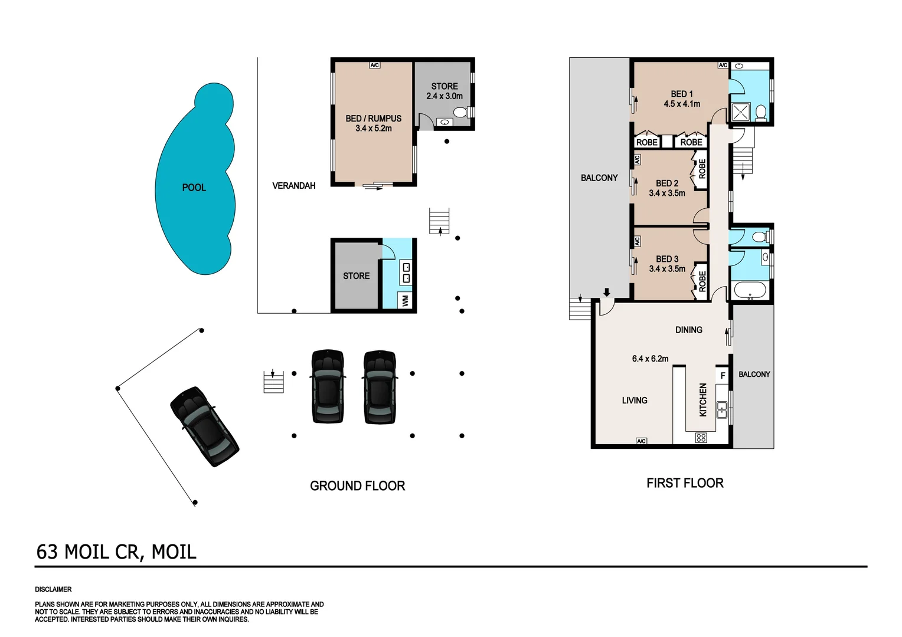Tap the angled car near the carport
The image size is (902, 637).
[x=204, y=426]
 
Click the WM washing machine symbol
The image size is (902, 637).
[x=405, y=300]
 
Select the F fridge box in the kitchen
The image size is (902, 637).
[x=723, y=375]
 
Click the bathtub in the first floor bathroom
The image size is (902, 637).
[x=749, y=290]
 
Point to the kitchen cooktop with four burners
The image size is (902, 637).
[x=701, y=438]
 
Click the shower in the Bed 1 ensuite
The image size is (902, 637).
[x=740, y=111]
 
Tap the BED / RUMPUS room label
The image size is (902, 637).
[x=373, y=119]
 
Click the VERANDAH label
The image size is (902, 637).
[x=293, y=186]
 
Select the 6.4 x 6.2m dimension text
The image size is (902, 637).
[x=650, y=358]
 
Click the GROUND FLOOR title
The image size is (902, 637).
[x=357, y=486]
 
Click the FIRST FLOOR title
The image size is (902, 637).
[x=685, y=483]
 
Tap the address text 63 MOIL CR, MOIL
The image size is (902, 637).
[x=116, y=552]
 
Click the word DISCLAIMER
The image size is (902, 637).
[x=53, y=589]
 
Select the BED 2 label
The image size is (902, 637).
[x=667, y=183]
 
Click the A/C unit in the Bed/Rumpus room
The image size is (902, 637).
[x=374, y=65]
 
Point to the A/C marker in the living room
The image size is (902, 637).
[x=642, y=441]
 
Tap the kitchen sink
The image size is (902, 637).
[x=721, y=409]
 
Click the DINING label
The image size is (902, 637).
[x=688, y=330]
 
